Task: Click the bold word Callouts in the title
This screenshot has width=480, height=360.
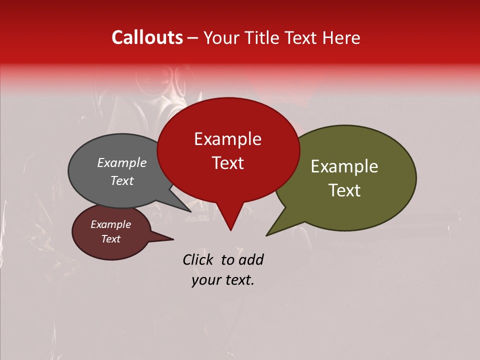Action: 147,37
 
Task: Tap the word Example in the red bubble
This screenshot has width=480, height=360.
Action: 227,139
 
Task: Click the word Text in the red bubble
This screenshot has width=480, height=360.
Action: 227,163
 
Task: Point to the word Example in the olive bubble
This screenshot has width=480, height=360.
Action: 344,166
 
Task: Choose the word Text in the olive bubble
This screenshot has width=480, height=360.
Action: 344,190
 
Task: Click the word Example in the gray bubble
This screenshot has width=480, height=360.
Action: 122,162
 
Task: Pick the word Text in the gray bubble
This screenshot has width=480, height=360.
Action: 122,180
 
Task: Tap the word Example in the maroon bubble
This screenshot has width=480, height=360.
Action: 111,224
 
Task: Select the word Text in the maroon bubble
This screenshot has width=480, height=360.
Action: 111,239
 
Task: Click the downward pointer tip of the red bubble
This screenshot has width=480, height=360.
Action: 230,229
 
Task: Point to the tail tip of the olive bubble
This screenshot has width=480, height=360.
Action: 267,234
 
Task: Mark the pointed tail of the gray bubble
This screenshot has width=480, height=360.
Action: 189,211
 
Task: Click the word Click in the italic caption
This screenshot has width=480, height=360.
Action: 198,259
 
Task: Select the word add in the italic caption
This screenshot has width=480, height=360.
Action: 251,259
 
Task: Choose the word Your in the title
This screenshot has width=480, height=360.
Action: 221,38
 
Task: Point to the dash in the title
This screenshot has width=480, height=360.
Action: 193,38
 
